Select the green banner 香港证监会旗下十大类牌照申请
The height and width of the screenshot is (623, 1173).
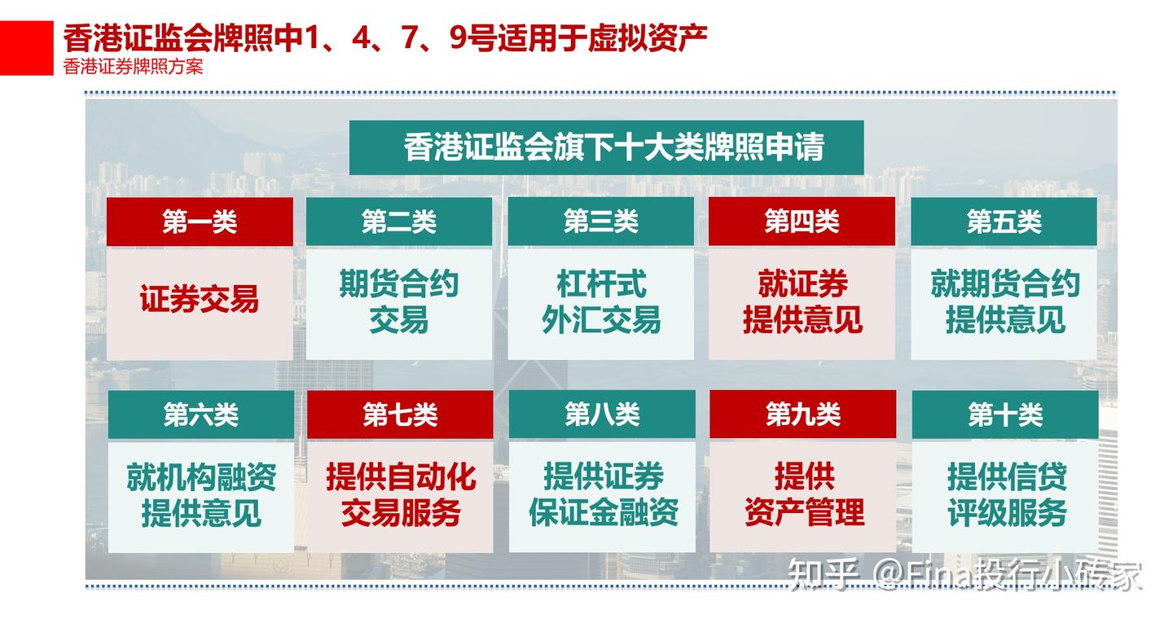pos(606,147)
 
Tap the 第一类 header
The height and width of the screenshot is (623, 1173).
pos(200,222)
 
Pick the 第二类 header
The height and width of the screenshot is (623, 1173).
pos(399,222)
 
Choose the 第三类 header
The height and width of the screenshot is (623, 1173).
pos(601,222)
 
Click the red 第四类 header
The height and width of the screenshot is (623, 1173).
pos(802,222)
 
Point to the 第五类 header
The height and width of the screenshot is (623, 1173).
pos(1004,222)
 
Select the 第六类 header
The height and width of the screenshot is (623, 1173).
pos(200,415)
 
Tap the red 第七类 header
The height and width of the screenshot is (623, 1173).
pos(400,415)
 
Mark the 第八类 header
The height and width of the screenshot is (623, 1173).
pos(602,415)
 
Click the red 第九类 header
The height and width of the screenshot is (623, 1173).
pos(802,415)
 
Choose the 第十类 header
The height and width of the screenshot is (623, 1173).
pos(1004,415)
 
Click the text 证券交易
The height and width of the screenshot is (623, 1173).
pos(200,300)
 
